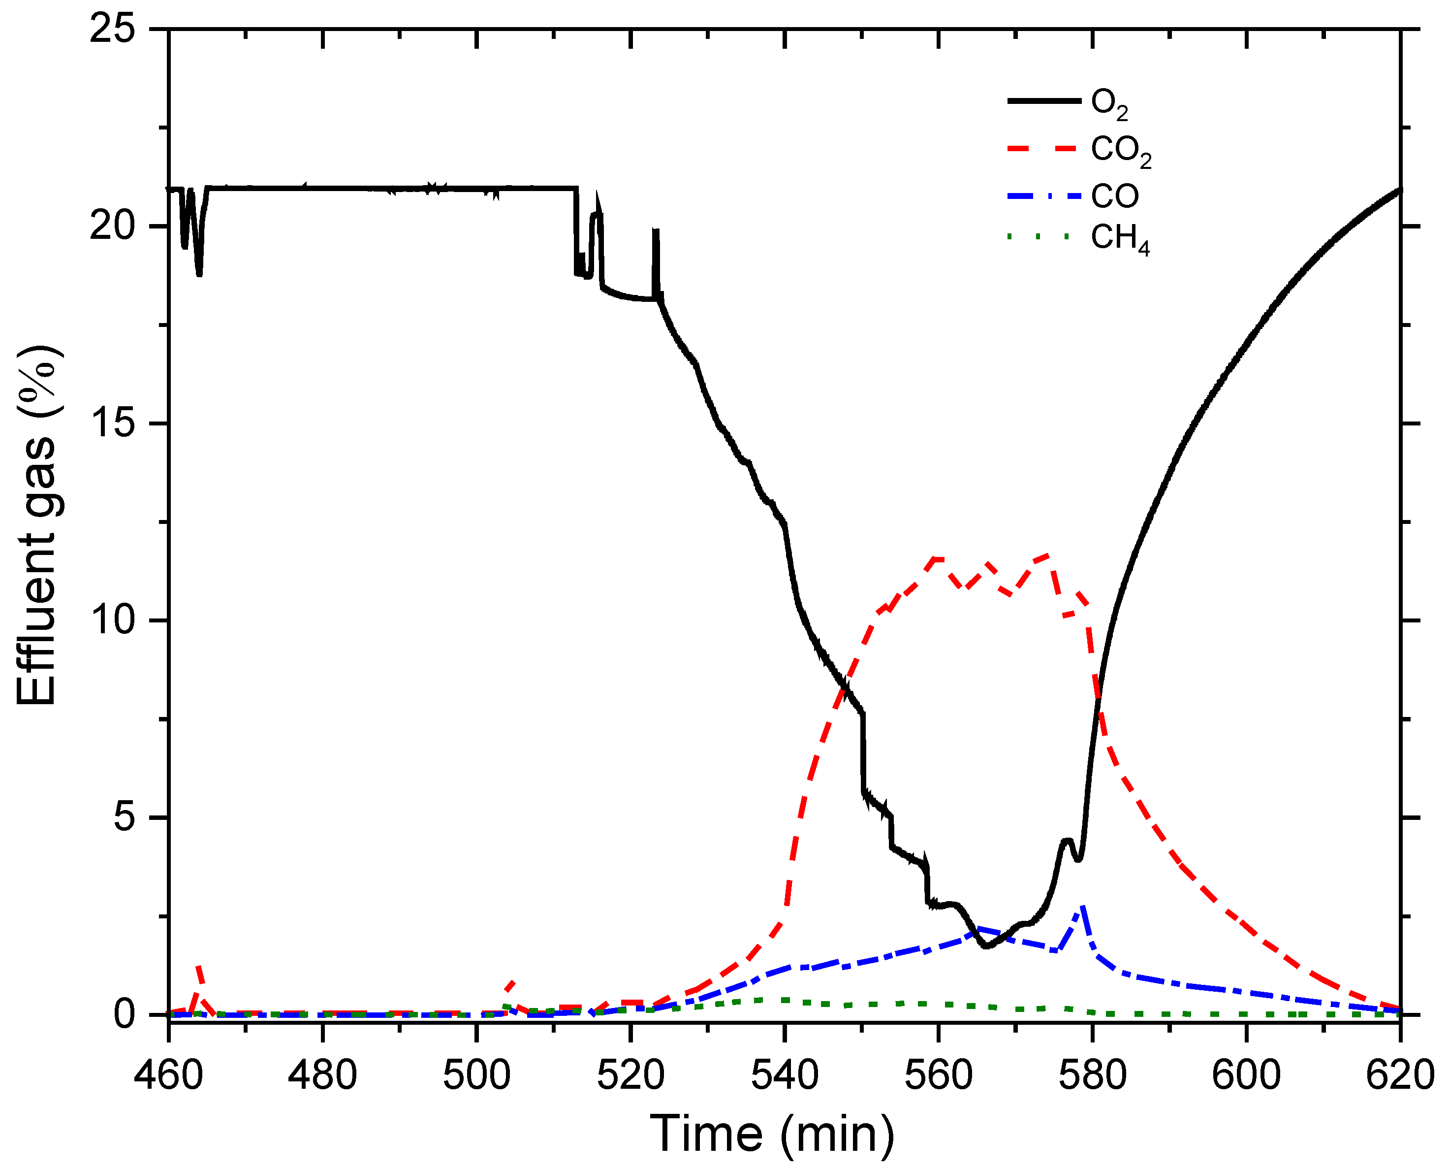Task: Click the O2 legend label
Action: point(1109,104)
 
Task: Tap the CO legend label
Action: point(1114,196)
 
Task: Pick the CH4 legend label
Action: point(1120,239)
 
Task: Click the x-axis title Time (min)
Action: point(772,1134)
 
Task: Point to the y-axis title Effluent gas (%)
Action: point(37,526)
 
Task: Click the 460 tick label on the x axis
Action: point(168,1074)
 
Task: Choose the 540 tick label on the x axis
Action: point(784,1074)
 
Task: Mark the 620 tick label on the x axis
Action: point(1400,1074)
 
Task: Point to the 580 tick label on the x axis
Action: point(1092,1074)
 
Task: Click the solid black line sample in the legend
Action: point(1043,101)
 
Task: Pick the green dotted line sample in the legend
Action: point(1038,236)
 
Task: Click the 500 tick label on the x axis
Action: point(476,1074)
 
